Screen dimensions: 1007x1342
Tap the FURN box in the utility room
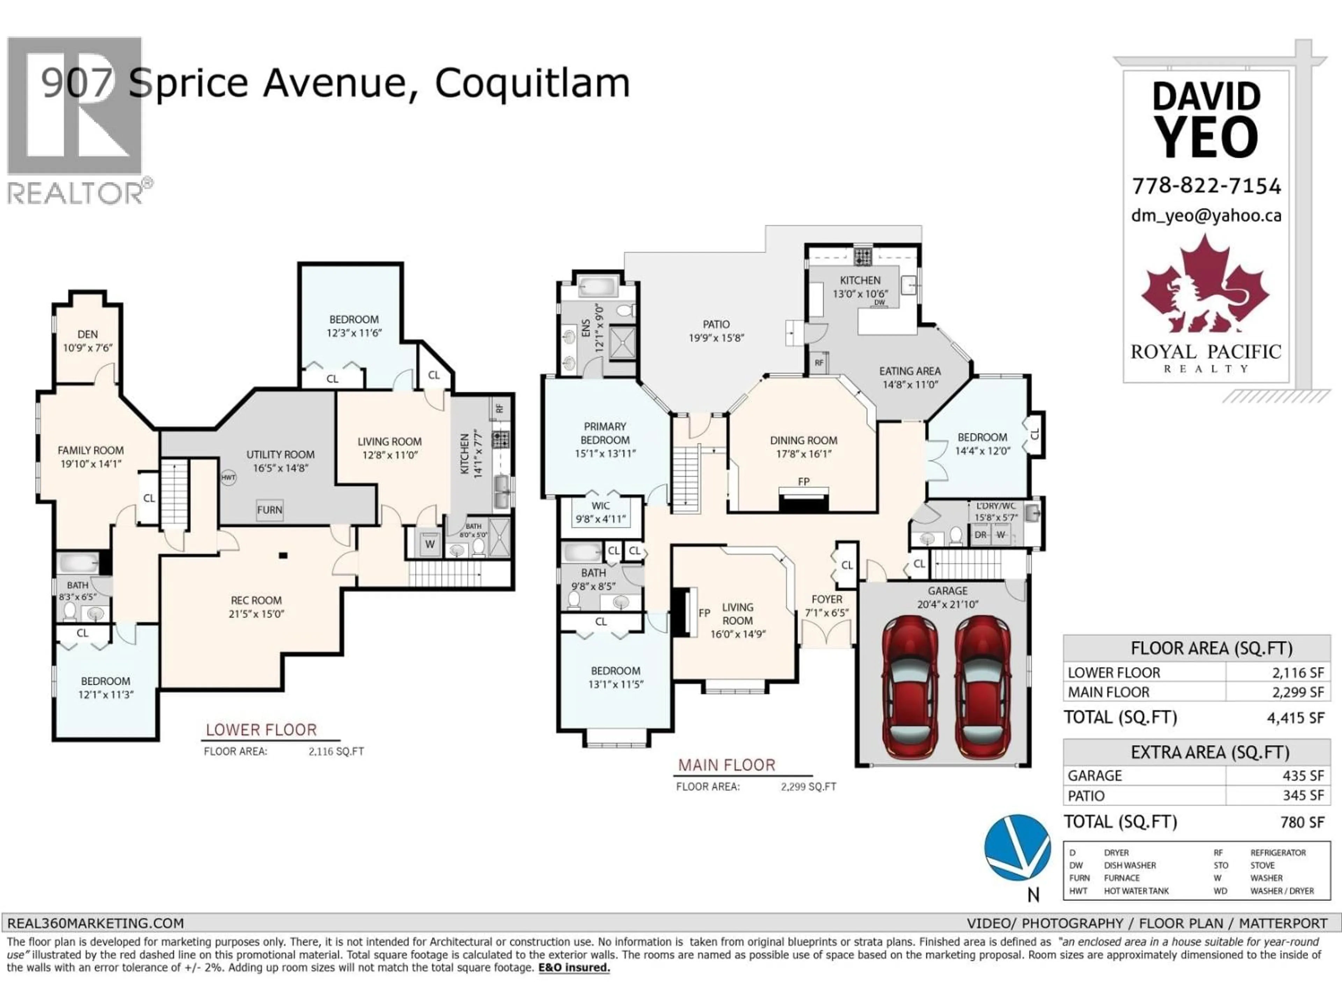click(269, 510)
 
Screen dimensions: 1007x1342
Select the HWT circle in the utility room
click(228, 478)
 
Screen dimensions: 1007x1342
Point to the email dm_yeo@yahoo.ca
click(1206, 215)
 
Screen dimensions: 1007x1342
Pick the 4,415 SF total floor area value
click(1295, 718)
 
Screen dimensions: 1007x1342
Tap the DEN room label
click(87, 335)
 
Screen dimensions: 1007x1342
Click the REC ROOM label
click(256, 600)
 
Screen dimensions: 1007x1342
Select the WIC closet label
click(601, 506)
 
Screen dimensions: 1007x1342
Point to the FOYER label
click(826, 599)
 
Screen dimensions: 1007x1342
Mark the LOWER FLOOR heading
click(261, 730)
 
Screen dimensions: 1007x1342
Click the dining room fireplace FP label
click(803, 482)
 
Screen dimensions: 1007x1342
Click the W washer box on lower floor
click(430, 544)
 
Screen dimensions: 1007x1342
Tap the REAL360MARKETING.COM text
click(95, 923)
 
